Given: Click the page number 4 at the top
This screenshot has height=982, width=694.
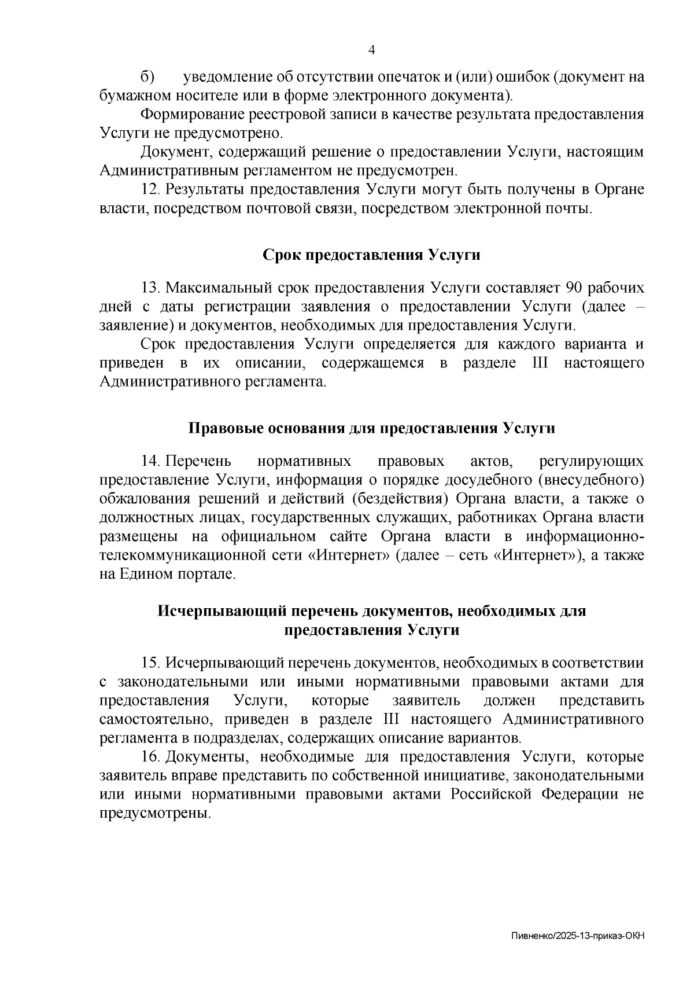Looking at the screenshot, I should tap(372, 50).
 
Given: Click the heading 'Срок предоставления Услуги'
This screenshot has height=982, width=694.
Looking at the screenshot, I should tap(371, 255).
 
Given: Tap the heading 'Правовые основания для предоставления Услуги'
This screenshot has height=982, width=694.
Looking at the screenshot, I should tap(371, 428).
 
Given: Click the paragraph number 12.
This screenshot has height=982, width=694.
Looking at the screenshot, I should tap(151, 189).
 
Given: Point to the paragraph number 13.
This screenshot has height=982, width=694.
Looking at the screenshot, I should tap(151, 288).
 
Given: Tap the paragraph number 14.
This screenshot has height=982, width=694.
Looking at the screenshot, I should tap(151, 461).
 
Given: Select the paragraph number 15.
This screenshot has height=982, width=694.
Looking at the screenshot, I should tap(151, 663).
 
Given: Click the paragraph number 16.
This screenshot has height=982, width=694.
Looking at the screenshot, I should tap(151, 757).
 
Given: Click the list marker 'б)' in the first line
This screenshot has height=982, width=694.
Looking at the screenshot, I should tap(147, 76).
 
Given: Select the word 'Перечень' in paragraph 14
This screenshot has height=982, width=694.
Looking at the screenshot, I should tap(198, 461).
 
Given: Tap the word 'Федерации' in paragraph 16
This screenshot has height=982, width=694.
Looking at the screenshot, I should tap(581, 795).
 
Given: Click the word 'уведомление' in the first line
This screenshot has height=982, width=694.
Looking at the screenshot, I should tap(228, 76).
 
